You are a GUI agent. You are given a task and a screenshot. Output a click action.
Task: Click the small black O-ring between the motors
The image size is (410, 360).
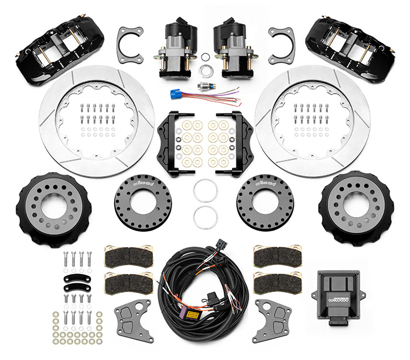tap(205, 57)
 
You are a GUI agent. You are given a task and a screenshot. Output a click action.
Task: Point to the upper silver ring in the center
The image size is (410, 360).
tap(205, 191)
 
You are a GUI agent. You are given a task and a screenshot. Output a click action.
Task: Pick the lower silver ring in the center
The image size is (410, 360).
tap(205, 217)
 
